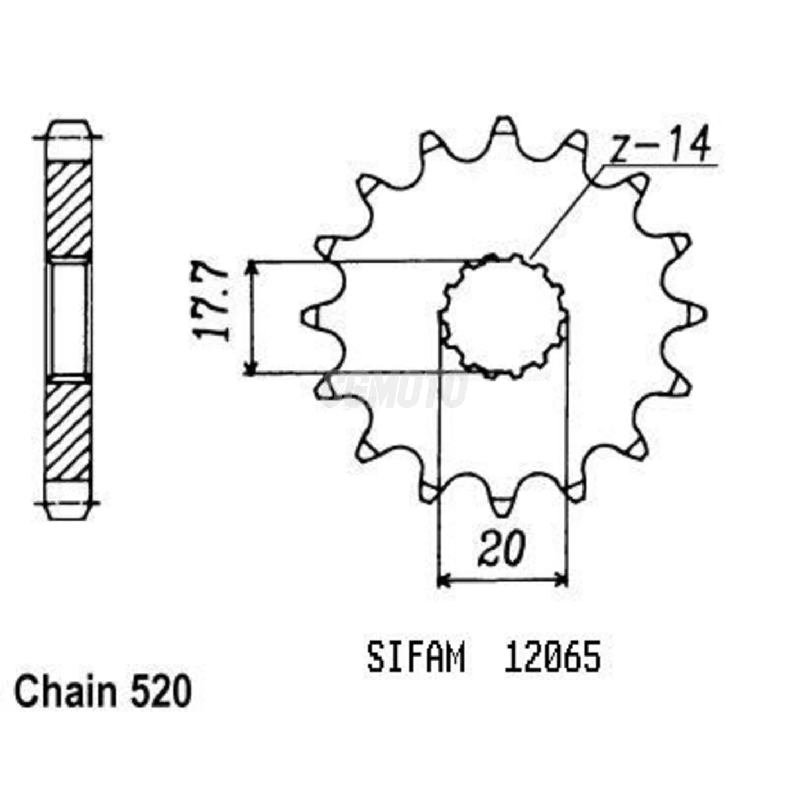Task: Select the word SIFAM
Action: [416, 658]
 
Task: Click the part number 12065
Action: [553, 658]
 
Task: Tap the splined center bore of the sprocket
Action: [504, 316]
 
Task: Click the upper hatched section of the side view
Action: [68, 209]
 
